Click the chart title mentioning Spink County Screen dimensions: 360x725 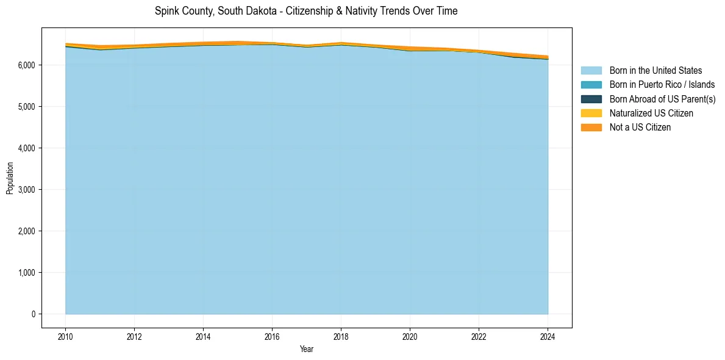306,11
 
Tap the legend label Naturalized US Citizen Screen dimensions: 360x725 651,113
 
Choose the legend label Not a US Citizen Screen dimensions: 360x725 640,128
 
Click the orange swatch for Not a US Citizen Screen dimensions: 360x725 591,128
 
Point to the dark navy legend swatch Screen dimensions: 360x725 591,99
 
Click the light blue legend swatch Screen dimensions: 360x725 591,71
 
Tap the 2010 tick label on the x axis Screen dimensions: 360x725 65,336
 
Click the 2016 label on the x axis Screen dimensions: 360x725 272,336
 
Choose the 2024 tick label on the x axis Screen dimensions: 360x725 548,336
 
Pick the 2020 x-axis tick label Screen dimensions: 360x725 410,336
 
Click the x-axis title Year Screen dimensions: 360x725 307,349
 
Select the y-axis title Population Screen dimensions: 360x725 10,178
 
